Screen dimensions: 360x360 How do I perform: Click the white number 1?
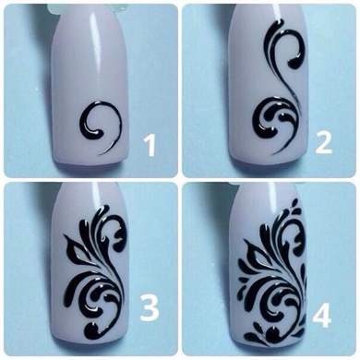pyautogui.click(x=151, y=146)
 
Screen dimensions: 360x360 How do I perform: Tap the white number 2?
pyautogui.click(x=323, y=143)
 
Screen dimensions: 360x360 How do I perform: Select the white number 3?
pyautogui.click(x=150, y=306)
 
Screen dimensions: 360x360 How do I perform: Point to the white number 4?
pyautogui.click(x=322, y=315)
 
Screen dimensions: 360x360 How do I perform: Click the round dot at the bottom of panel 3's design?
pyautogui.click(x=92, y=330)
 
